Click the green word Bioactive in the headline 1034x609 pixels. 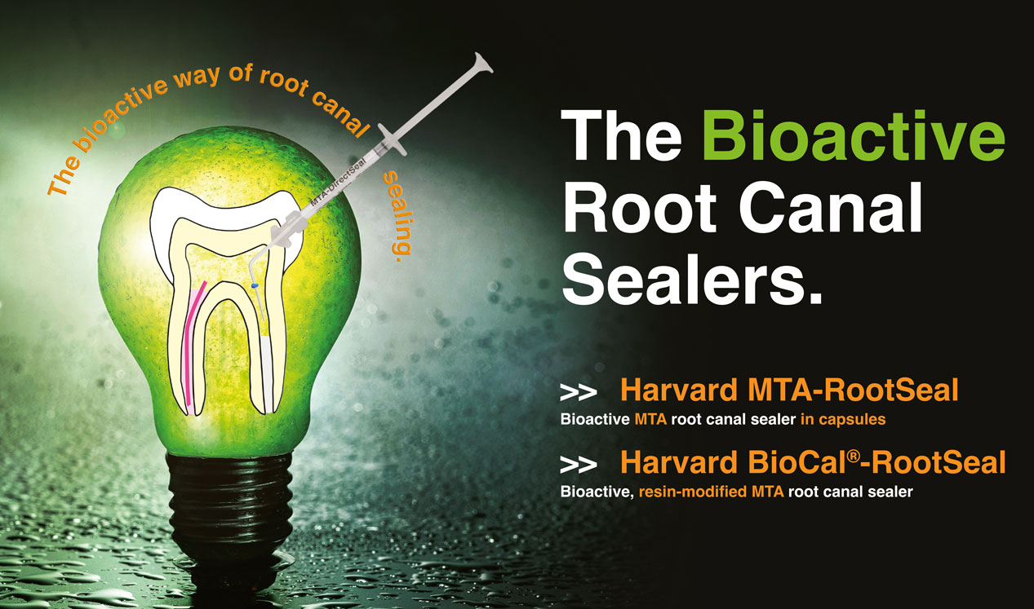pos(854,135)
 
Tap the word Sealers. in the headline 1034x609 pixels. pos(692,280)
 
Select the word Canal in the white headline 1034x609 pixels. pos(831,208)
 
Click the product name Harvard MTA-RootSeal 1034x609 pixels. pos(789,390)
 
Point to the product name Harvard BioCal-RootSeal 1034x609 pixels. pos(813,462)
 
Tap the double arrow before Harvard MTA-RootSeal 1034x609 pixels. pos(578,392)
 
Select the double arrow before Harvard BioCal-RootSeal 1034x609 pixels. pos(578,465)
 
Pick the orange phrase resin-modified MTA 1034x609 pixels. pos(711,492)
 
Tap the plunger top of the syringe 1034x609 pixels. pos(483,63)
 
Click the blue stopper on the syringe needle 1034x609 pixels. pos(254,286)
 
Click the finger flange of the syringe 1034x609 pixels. pos(393,139)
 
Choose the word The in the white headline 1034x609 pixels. pos(621,135)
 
